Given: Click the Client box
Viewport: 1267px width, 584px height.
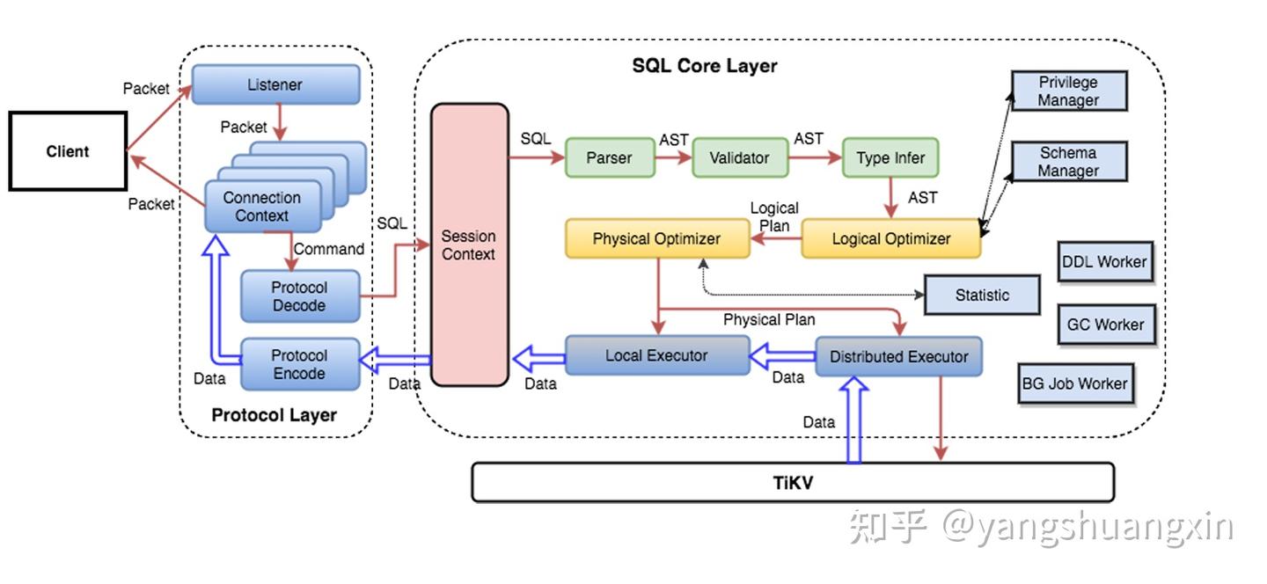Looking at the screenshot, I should tap(68, 151).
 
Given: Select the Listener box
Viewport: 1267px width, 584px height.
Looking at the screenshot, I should tap(275, 85).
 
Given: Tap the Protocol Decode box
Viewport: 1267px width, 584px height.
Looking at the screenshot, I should tap(299, 296).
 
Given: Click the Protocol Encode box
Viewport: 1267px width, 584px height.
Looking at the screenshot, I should tap(299, 364).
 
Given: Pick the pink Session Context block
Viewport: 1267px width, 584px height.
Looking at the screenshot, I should tap(469, 245).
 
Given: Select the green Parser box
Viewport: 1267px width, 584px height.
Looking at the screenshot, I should tap(609, 158).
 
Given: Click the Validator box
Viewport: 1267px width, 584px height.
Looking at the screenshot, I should tap(739, 158).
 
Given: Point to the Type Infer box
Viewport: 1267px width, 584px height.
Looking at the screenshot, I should tap(890, 158).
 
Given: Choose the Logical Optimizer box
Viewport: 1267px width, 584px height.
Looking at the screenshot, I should tap(891, 238).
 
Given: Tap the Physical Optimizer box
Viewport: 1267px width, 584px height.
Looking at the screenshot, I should tap(656, 238).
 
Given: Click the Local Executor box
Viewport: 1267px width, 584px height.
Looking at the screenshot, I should tap(656, 355).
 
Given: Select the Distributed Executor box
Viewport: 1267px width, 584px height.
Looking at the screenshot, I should tap(898, 356).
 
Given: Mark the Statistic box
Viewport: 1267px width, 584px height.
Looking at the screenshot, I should tap(982, 296).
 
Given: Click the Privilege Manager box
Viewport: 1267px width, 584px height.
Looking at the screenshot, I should tap(1068, 91).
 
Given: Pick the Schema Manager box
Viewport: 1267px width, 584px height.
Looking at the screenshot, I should tap(1068, 162).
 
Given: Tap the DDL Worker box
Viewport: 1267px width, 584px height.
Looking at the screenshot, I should tap(1104, 262).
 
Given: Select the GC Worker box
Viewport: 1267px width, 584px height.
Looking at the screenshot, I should tap(1105, 325).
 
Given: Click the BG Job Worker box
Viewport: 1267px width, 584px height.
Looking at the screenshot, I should tap(1074, 383).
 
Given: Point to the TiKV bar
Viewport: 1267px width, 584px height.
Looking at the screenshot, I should tap(793, 482).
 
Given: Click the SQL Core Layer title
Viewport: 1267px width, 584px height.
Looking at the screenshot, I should tap(705, 66).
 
